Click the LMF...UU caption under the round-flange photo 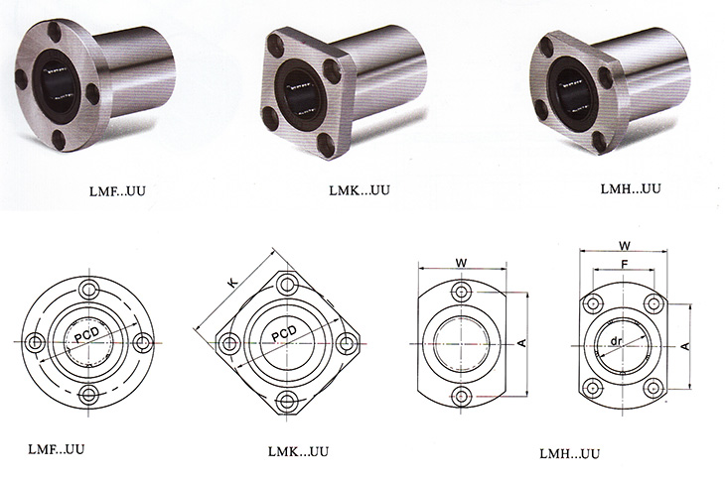click(x=117, y=190)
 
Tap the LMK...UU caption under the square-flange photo click(x=360, y=189)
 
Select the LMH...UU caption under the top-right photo click(x=631, y=188)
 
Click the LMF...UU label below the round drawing click(x=57, y=449)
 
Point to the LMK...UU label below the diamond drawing click(x=298, y=451)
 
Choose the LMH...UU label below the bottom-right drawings click(x=570, y=453)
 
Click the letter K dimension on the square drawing click(x=233, y=283)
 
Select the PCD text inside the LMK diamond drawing click(x=283, y=333)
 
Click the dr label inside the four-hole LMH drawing click(x=616, y=342)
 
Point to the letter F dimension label click(x=625, y=265)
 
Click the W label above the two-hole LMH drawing click(x=461, y=263)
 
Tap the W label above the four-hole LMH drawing click(x=625, y=246)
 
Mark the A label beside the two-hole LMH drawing click(x=521, y=343)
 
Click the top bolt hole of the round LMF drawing click(x=88, y=290)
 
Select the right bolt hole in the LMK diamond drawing click(x=345, y=343)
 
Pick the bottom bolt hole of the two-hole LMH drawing click(x=461, y=396)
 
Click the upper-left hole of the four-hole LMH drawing click(x=592, y=303)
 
